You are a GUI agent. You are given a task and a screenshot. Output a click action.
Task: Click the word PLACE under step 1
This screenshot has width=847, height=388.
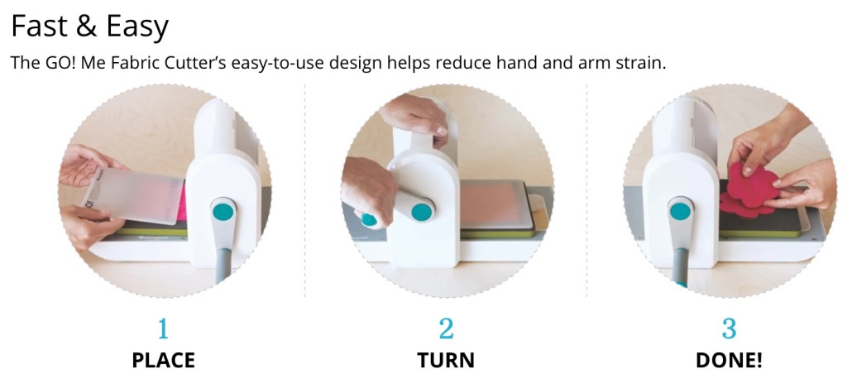(163, 361)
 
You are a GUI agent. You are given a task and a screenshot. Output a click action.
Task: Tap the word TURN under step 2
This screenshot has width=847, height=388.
(446, 361)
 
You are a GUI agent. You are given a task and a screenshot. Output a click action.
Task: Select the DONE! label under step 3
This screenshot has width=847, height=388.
(729, 361)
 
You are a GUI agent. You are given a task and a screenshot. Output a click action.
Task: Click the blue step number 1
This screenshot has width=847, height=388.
(163, 328)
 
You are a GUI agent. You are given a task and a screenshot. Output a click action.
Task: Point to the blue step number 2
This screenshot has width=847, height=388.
(446, 328)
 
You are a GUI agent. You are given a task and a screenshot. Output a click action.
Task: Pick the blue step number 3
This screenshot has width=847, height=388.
(729, 328)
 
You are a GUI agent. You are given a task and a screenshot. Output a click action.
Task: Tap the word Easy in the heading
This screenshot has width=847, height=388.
(137, 28)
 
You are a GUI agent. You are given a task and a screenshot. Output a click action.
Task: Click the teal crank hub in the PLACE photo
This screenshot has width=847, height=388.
(223, 210)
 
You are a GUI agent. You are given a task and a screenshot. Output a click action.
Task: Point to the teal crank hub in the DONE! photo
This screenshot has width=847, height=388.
(681, 210)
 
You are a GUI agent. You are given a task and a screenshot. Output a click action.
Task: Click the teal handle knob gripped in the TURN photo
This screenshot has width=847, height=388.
(369, 219)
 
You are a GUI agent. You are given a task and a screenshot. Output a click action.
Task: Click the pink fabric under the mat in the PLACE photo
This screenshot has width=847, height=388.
(181, 201)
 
